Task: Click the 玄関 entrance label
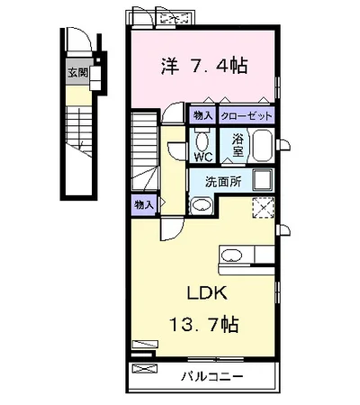coord(78,73)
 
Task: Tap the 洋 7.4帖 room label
coord(205,67)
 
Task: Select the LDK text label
coord(207,293)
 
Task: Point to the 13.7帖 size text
coord(204,324)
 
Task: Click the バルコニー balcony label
coord(212,376)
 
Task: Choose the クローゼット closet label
coord(247,115)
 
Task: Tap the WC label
coord(203,157)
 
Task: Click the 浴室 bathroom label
coord(238,145)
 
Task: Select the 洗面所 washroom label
coord(223,182)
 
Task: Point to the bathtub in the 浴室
coord(262,146)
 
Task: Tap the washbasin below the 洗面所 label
coord(202,206)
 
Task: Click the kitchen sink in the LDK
coord(231,256)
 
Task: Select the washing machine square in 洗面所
coord(263,180)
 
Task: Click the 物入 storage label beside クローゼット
coord(203,115)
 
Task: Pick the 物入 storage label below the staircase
coord(144,205)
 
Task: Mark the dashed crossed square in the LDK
coord(263,208)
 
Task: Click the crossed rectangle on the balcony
coord(145,368)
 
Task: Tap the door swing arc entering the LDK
coord(177,235)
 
